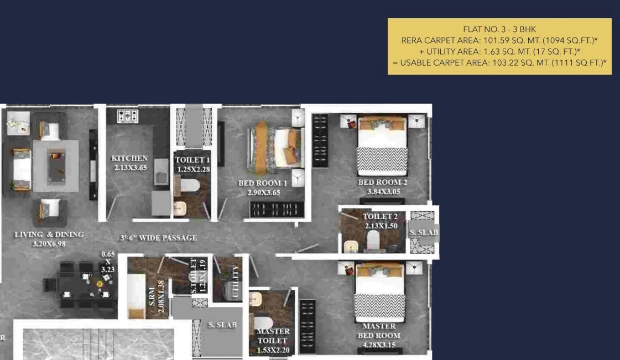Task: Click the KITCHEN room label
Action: pos(129,158)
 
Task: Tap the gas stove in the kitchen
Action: pos(128,116)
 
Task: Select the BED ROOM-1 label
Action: pos(263,183)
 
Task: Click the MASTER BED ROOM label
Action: pos(379,331)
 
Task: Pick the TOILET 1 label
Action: pos(192,160)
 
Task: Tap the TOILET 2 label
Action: pos(381,217)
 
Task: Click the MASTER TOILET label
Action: pos(273,336)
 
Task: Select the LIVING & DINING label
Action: pos(49,234)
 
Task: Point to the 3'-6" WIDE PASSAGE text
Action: pos(159,238)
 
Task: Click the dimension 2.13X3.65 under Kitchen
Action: pos(131,168)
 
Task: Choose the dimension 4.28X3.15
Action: pos(379,346)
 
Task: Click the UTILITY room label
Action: pos(236,281)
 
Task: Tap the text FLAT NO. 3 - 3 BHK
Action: pos(499,29)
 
